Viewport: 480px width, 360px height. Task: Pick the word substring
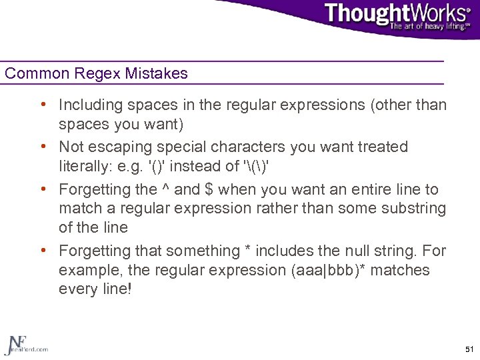[413, 209]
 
